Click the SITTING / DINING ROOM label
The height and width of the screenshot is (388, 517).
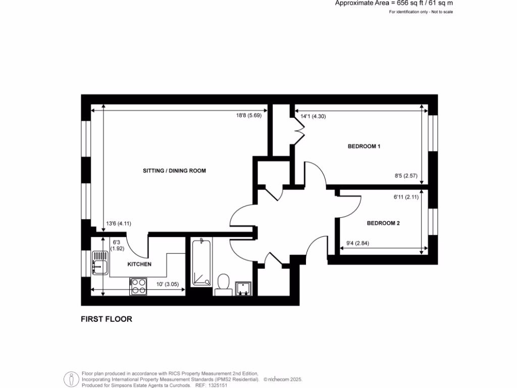pos(174,171)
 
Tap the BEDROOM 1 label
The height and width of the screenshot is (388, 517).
pos(364,147)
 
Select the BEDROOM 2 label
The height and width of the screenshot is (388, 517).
pos(383,223)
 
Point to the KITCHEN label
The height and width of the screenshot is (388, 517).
pos(139,264)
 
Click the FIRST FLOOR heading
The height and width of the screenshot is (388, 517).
pos(107,319)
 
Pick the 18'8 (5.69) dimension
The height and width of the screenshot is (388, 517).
pos(249,115)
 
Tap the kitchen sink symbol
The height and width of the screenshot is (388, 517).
pos(99,263)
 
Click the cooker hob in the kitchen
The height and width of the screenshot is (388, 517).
pos(138,286)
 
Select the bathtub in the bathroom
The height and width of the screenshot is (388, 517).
pos(201,263)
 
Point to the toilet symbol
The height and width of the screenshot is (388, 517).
pos(222,284)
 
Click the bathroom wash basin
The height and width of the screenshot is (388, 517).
pos(243,287)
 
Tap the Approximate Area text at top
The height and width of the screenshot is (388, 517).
pos(394,3)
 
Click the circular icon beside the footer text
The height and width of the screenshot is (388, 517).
pos(70,379)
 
